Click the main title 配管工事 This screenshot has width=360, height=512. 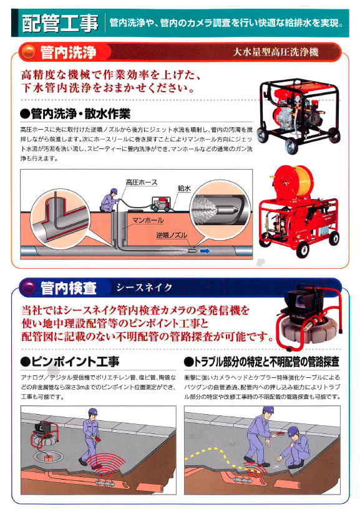60,23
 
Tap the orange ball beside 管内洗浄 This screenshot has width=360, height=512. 28,52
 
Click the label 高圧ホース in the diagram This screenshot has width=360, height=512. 141,182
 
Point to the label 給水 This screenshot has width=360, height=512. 184,188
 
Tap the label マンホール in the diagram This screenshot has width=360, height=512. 148,220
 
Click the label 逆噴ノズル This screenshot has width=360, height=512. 172,235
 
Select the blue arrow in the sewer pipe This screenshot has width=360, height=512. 205,251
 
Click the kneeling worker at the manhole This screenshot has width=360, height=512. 109,200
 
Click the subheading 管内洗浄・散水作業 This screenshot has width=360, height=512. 75,114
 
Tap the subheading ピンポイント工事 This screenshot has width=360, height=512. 70,362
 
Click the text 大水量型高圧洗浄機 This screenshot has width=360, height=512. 275,52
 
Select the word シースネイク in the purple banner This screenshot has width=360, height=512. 144,287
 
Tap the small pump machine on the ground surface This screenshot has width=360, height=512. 161,205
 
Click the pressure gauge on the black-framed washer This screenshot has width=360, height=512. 297,98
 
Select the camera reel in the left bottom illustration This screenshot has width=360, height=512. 43,434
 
